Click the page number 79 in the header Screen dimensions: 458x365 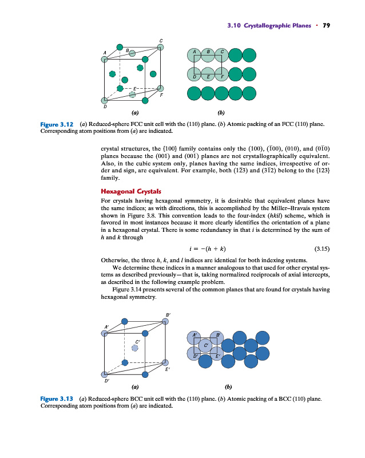(x=327, y=25)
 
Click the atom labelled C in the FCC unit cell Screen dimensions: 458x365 (x=161, y=48)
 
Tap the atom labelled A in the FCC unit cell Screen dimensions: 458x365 (x=104, y=58)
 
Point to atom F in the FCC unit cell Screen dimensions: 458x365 (x=161, y=88)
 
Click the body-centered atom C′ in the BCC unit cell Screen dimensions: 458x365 (x=135, y=348)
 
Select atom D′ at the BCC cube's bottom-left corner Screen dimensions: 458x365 (x=104, y=375)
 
